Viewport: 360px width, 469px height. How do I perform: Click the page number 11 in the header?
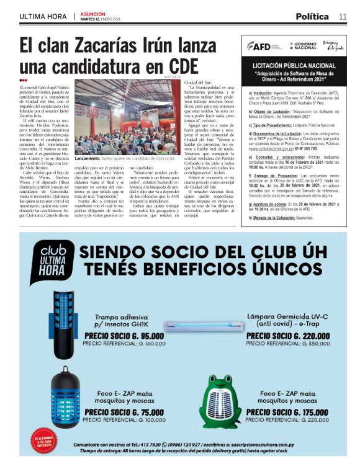click(343, 16)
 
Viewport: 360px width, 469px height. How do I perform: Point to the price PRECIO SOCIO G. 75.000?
click(124, 411)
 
